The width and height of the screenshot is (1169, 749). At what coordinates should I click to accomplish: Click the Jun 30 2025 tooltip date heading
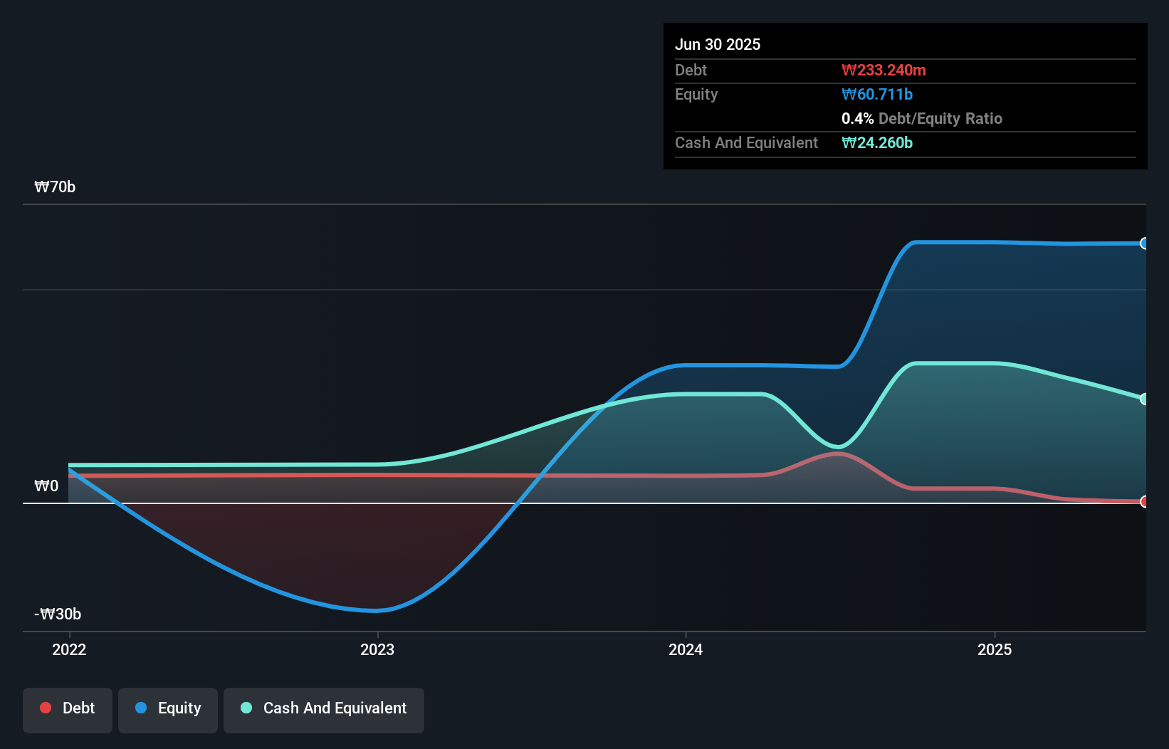click(717, 44)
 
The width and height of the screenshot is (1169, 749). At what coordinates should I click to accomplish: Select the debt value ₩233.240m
click(883, 70)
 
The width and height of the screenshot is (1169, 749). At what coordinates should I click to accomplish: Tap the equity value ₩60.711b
click(876, 94)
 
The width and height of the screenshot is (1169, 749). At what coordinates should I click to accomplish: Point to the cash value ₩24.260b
click(876, 142)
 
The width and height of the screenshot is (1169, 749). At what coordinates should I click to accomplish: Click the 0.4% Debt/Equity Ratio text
click(921, 118)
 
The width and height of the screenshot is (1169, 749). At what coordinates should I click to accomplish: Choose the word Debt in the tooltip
click(691, 70)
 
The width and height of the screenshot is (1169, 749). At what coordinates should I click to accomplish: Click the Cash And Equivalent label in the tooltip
click(746, 142)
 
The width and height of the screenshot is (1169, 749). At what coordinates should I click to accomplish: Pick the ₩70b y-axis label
click(55, 187)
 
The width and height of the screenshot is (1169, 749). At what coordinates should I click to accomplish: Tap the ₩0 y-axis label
click(46, 486)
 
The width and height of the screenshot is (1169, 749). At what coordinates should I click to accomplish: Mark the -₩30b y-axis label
click(58, 614)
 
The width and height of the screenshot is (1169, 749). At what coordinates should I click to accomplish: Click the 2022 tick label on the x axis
click(69, 649)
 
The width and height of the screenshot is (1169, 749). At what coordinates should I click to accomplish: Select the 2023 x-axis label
click(377, 649)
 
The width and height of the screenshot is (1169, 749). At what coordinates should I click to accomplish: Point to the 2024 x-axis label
click(686, 649)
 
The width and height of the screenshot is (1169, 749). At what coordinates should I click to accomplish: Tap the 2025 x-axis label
click(995, 649)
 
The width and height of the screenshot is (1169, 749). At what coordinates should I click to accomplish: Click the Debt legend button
click(68, 708)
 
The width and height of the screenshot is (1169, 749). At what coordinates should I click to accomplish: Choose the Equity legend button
click(168, 708)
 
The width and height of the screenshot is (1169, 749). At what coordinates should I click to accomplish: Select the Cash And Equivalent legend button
click(324, 708)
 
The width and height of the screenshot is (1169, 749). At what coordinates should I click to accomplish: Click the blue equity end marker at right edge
click(1144, 243)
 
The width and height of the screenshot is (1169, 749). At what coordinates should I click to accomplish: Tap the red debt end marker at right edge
click(1144, 502)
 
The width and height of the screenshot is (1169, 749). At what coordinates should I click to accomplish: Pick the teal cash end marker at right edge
click(1144, 399)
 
